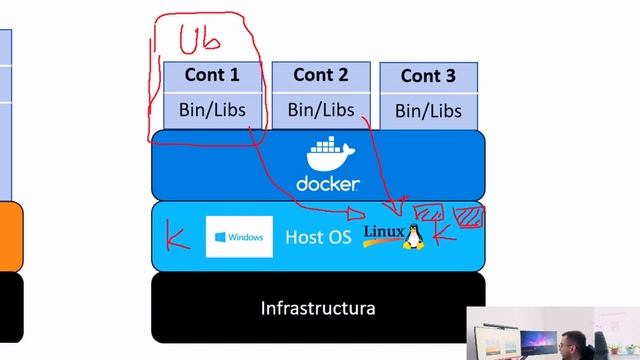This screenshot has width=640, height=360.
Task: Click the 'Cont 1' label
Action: (x=213, y=75)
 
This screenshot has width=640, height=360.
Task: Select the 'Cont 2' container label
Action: (x=320, y=75)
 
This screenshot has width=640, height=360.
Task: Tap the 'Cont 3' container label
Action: (x=428, y=76)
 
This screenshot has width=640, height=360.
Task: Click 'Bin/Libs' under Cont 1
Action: (x=212, y=109)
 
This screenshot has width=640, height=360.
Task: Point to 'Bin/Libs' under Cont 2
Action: (x=320, y=109)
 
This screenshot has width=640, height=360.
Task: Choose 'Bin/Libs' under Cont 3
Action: (x=428, y=111)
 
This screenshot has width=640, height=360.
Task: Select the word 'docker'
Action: (x=328, y=184)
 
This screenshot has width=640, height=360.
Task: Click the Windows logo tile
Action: (x=239, y=237)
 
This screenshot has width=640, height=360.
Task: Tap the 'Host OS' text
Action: (x=318, y=238)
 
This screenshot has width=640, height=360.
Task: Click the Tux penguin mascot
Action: (x=412, y=236)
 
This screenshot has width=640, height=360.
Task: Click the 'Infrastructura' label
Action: (x=318, y=307)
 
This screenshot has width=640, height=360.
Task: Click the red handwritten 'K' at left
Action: (x=179, y=238)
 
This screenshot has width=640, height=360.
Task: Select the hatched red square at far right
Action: (x=469, y=216)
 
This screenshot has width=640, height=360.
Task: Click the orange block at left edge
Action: (x=10, y=236)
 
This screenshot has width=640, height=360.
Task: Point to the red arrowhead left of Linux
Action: (x=359, y=212)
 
